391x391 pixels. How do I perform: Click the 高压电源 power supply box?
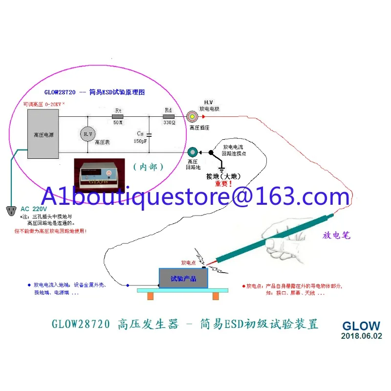tap(43, 134)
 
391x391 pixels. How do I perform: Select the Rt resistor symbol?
tap(118, 117)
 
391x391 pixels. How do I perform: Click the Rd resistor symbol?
tap(168, 117)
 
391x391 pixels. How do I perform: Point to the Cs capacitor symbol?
tap(149, 134)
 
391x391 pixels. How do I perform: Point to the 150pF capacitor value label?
tap(140, 141)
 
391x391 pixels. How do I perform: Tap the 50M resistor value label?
tap(118, 123)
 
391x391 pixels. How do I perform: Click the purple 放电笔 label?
tap(337, 235)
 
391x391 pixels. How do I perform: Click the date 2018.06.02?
tap(362, 336)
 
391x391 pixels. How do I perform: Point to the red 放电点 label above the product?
tap(188, 262)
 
